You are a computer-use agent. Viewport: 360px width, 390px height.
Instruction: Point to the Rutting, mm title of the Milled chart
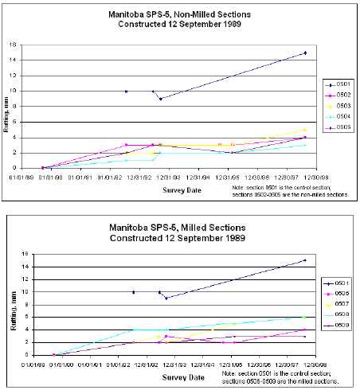pos(11,306)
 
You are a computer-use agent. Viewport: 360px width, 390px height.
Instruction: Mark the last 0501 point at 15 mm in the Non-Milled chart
pos(305,53)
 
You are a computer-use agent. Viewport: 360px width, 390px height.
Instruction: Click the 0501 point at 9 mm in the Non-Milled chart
pos(160,99)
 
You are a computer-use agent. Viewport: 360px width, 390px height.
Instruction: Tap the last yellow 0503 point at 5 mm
pos(305,130)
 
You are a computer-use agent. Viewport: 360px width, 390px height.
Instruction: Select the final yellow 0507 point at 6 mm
pos(305,318)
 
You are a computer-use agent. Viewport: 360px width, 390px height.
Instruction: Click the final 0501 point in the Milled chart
pos(305,260)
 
